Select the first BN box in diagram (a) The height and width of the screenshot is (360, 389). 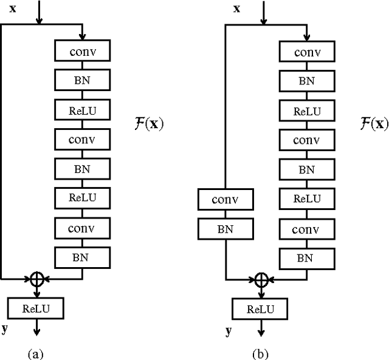click(x=82, y=80)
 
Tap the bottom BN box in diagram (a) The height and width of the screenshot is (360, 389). click(x=82, y=257)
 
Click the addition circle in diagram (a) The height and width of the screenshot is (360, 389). click(x=38, y=279)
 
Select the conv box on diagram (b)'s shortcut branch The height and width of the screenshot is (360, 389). click(x=225, y=199)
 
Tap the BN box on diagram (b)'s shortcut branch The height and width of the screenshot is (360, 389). click(x=225, y=228)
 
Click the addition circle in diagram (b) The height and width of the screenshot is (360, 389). click(x=261, y=279)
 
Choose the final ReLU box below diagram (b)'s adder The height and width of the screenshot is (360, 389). click(x=260, y=309)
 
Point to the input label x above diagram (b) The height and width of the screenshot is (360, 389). click(x=236, y=8)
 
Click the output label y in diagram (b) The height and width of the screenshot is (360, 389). click(x=229, y=330)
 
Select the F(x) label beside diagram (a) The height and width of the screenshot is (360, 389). click(x=148, y=124)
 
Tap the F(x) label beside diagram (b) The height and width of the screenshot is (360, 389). click(x=372, y=124)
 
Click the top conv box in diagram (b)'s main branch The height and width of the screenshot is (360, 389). click(x=307, y=52)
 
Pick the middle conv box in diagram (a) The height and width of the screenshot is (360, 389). click(x=82, y=139)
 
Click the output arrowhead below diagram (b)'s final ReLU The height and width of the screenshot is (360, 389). click(x=261, y=332)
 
